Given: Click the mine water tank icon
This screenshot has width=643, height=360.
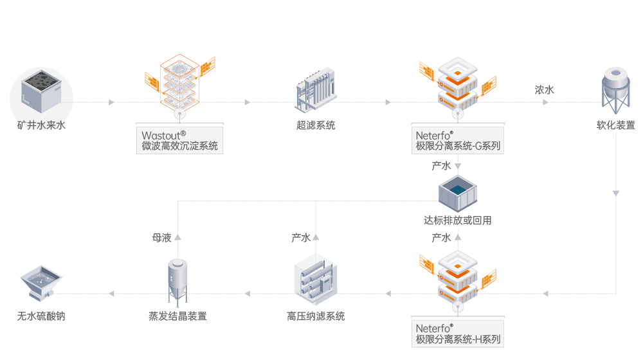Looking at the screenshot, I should coord(41,91).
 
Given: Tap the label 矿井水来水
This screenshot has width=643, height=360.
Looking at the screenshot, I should coord(41,125).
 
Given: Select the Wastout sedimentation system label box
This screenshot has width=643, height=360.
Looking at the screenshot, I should coord(180,139).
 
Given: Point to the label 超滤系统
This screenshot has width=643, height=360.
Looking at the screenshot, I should coord(316,125).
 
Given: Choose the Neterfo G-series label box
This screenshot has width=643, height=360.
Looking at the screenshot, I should coord(458,139).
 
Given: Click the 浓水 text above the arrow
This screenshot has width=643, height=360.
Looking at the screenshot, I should coord(544,90).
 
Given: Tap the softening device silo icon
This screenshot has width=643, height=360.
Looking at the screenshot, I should coord(615,92).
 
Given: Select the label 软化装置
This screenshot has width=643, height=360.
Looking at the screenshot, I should coord(615,125).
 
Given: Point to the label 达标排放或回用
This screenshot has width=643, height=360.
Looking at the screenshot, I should coord(458,221).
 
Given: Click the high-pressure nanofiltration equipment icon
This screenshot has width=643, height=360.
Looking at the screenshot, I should coord(316,281).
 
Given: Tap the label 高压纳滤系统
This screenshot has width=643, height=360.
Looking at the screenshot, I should coord(316,316).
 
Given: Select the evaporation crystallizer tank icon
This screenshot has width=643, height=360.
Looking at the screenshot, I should coord(177,280).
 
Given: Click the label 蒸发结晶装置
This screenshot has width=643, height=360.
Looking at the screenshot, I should coord(177,316).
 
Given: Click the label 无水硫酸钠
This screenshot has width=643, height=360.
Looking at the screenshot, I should coord(41,316).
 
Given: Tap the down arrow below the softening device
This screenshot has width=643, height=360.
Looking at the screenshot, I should coord(616,193).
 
